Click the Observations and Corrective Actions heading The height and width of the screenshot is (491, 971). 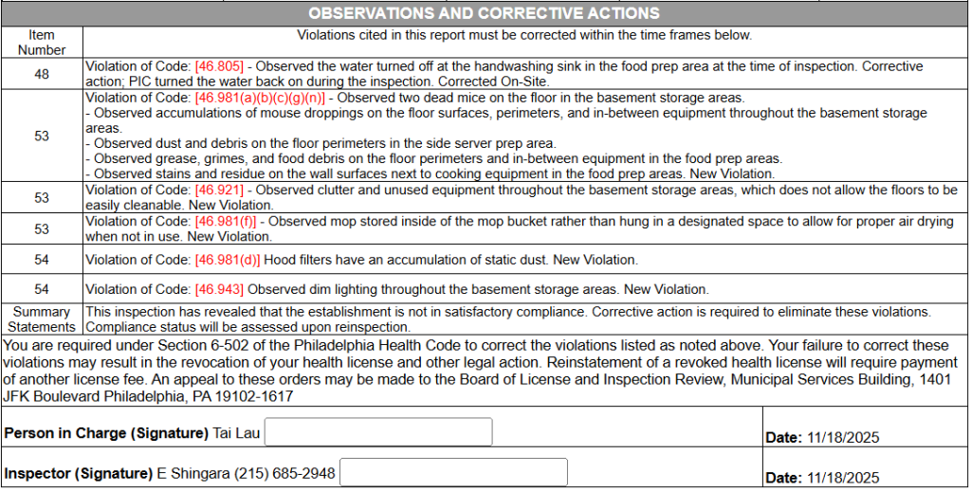coord(485,13)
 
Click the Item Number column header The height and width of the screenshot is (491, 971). coord(42,43)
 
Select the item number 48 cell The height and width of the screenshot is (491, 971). coord(42,74)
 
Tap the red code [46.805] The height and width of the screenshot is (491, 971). coord(219,67)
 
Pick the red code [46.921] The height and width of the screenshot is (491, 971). coord(219,191)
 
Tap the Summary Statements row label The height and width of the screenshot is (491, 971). coord(42,319)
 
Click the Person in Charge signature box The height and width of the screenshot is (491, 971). coord(378,432)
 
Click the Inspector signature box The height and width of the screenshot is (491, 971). coord(453,473)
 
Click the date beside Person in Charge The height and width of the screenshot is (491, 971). coord(843,438)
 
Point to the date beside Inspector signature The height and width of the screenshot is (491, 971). coord(843,478)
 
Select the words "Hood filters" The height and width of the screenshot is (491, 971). coord(299,260)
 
